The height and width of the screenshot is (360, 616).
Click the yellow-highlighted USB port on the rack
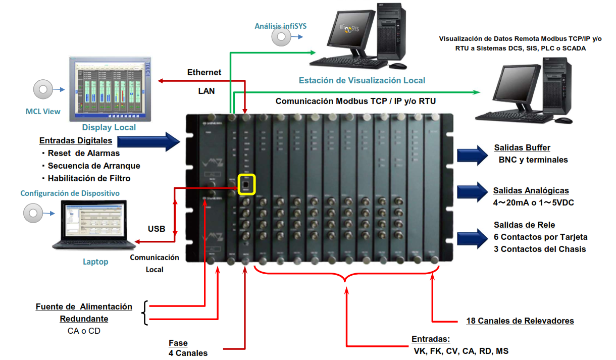coord(246,184)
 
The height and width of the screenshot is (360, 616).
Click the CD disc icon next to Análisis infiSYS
coord(281,37)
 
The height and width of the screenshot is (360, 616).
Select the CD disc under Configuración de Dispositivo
coord(33,214)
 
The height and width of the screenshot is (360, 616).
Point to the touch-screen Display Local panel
coord(110,89)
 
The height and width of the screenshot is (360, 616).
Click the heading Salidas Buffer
coord(522,148)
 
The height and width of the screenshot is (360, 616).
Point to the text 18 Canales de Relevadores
coord(520,321)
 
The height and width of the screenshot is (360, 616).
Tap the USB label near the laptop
coord(157,229)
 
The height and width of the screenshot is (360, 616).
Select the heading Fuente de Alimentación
coord(84,306)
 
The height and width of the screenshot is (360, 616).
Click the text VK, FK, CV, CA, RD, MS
coord(461,350)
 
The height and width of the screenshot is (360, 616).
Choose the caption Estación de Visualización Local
coord(362,80)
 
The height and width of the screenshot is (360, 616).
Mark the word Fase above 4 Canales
coord(178,343)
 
